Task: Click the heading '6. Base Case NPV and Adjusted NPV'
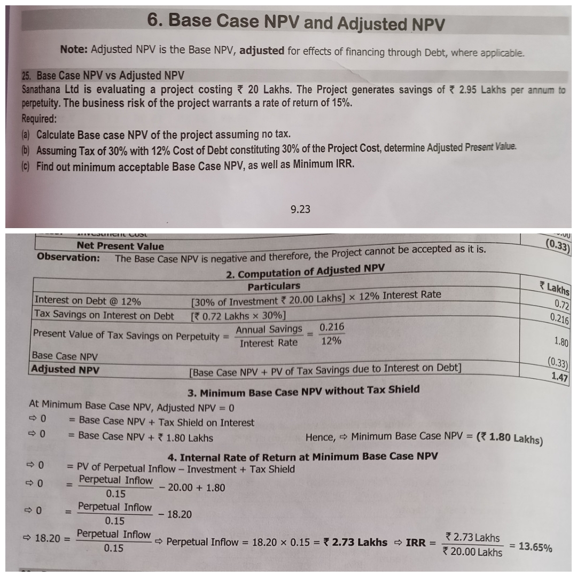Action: (x=295, y=22)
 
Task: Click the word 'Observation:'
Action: (x=68, y=257)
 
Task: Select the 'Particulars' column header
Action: (x=274, y=286)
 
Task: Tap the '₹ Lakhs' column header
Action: (x=554, y=289)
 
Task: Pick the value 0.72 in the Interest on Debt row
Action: (x=561, y=306)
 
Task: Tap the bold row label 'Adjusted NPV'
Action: (x=65, y=369)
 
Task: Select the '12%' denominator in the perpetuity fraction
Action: (x=331, y=341)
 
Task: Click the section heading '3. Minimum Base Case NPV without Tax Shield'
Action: (x=303, y=391)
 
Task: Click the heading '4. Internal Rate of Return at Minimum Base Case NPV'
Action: (x=302, y=457)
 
